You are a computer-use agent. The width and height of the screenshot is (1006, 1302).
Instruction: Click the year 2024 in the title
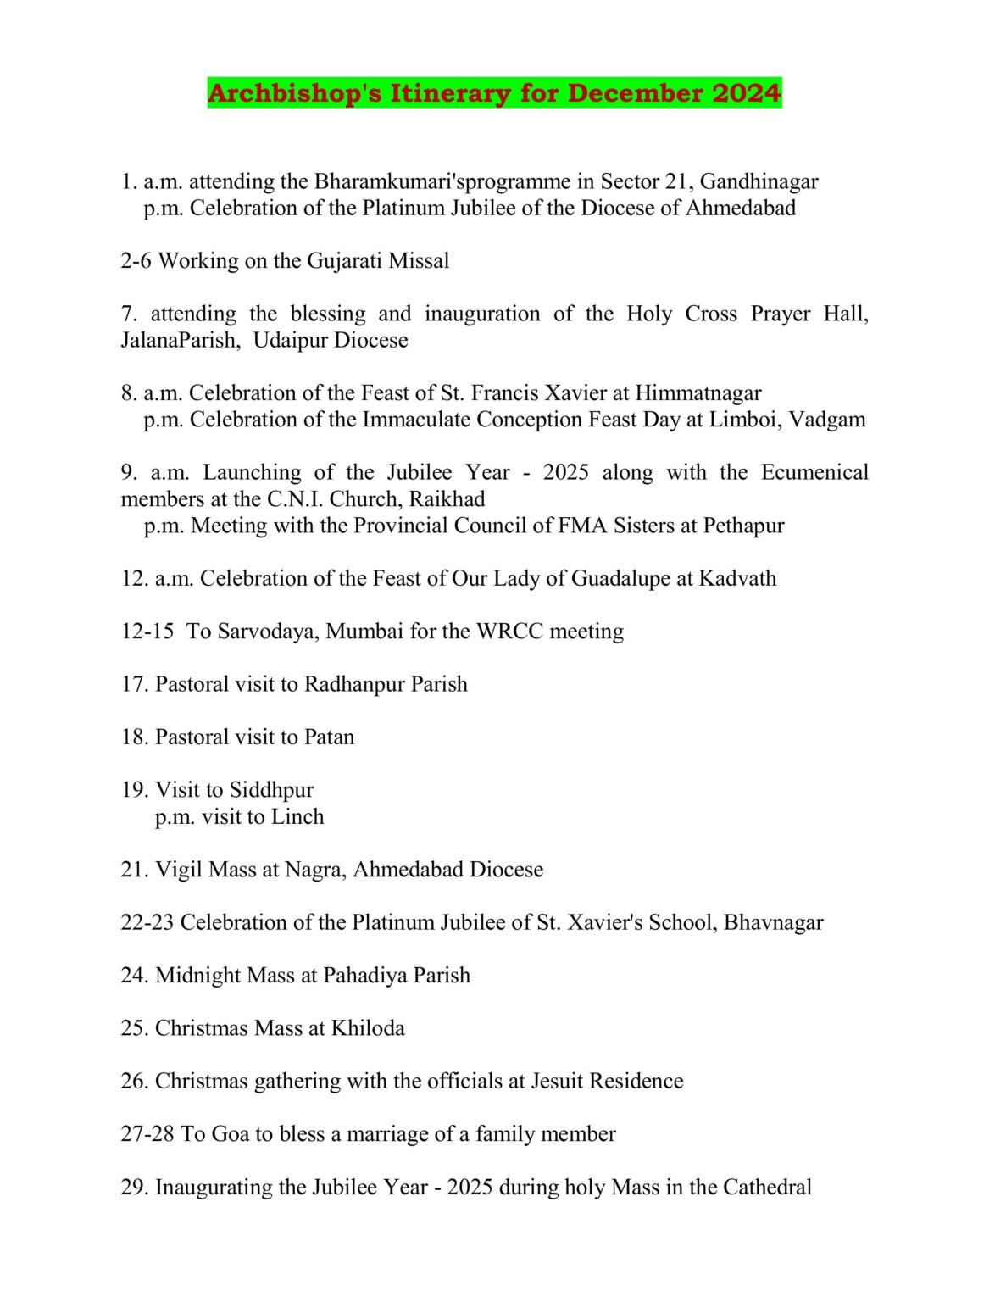tap(747, 93)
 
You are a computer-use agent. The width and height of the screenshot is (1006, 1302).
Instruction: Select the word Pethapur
tap(743, 526)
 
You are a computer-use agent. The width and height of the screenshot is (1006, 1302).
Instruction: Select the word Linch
tap(297, 817)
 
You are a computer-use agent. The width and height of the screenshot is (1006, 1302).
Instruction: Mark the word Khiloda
tap(367, 1028)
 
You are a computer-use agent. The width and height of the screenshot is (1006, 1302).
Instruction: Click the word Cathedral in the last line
tap(766, 1188)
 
